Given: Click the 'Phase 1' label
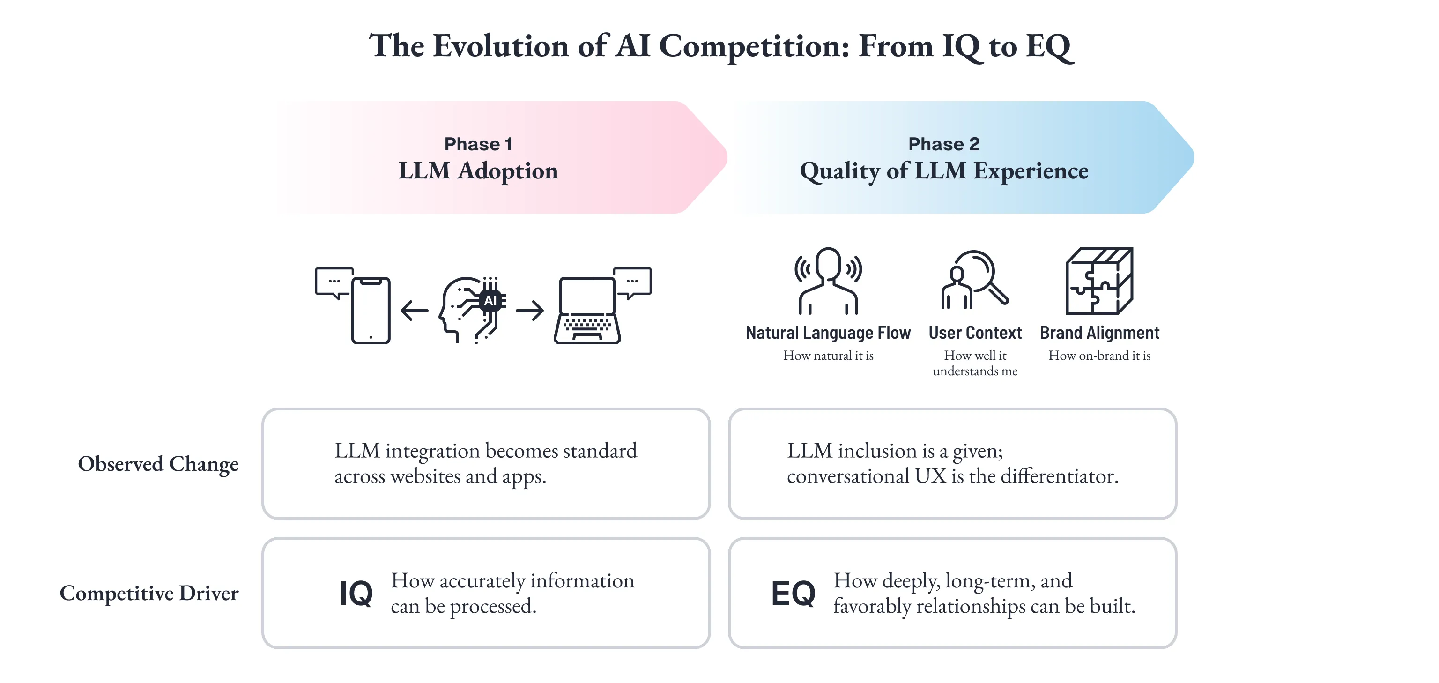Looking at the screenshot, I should tap(478, 144).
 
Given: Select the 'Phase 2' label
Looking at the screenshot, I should tap(943, 144).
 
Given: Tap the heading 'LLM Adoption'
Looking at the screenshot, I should tap(478, 171).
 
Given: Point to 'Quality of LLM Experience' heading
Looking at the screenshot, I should tap(943, 171).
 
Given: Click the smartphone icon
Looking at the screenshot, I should tap(371, 310).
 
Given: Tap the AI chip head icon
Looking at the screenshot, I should tap(473, 309).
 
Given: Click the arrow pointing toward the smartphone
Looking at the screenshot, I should tap(414, 310).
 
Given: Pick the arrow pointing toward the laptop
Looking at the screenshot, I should tap(530, 310).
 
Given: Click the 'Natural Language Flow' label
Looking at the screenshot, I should tap(828, 333).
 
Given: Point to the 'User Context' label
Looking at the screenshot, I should tap(975, 333).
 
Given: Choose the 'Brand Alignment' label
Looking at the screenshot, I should tap(1099, 333).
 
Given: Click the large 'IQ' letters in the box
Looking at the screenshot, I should tap(356, 593).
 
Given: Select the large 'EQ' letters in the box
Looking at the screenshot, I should tap(793, 593).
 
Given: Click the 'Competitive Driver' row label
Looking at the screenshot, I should tap(149, 593).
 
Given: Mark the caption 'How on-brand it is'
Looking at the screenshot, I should tap(1099, 356).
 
